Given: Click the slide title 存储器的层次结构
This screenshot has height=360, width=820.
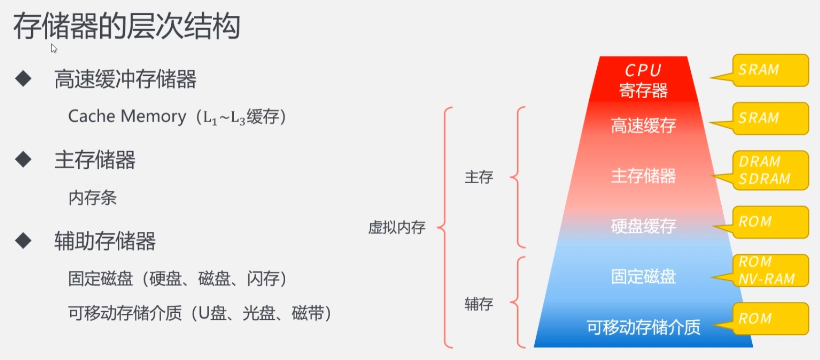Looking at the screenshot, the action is click(x=126, y=26).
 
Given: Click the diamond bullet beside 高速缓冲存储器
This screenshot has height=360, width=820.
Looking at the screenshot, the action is click(x=23, y=79).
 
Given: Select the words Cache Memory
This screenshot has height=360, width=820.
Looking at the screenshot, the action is click(x=127, y=116).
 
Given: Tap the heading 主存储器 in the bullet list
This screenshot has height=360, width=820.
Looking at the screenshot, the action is click(x=95, y=160).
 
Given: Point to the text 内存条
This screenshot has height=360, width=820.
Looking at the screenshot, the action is click(x=93, y=197).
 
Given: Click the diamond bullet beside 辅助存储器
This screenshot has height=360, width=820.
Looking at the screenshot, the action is click(x=23, y=240).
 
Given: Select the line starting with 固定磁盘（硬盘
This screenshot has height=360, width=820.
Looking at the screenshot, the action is click(x=177, y=278).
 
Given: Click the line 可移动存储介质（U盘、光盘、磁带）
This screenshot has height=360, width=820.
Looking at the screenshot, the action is click(x=200, y=313).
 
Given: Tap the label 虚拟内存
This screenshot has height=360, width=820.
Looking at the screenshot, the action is click(x=397, y=227).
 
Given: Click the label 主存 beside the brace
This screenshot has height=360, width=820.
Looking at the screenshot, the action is click(x=479, y=177).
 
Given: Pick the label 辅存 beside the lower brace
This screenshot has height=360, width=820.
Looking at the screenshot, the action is click(x=479, y=304).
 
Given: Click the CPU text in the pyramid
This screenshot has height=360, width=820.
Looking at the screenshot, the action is click(x=643, y=71).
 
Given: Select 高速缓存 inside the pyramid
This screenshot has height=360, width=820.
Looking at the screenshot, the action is click(x=644, y=125).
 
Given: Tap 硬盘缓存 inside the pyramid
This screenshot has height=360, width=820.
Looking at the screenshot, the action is click(x=644, y=226).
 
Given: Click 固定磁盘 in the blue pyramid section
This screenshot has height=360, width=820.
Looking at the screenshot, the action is click(x=644, y=277).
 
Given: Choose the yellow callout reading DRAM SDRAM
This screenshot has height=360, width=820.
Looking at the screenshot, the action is click(x=770, y=170).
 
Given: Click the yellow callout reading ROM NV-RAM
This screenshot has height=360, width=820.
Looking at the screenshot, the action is click(x=770, y=270).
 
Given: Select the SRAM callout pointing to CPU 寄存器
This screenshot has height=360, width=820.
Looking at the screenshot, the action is click(x=770, y=70).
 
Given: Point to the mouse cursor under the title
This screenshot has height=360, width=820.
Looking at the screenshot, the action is click(x=54, y=48).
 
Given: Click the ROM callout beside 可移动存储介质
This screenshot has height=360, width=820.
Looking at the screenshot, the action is click(x=770, y=319).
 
